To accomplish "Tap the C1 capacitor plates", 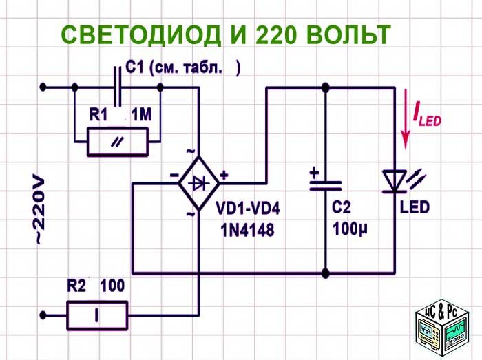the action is coord(118,87).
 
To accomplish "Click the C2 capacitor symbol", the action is coord(326,186).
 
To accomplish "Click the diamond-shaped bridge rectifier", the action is coord(199,183).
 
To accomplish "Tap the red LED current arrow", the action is coord(406,118).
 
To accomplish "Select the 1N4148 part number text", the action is coord(247,230).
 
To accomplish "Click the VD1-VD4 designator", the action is coord(248,209).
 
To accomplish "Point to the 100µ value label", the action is coord(350,229).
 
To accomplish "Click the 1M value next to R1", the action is coord(141,115).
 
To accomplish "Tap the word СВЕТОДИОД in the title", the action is coord(141,34).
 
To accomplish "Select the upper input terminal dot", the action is coord(43,87).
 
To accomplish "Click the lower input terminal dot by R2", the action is coord(43,315).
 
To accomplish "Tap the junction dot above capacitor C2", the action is coord(326,88).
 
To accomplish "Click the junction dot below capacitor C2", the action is coord(326,273).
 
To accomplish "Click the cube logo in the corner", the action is coord(442,327).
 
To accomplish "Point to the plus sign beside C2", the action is coord(314,173).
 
